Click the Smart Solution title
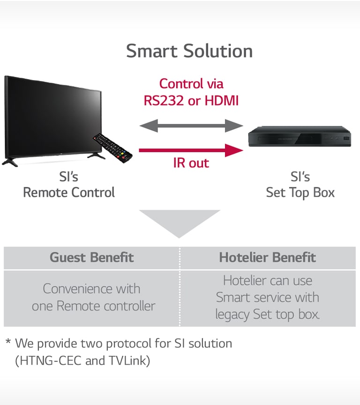click(189, 51)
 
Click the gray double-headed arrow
click(191, 125)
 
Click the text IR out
click(191, 163)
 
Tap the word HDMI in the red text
click(220, 100)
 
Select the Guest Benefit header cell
click(92, 258)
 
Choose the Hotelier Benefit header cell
click(268, 258)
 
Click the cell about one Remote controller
click(92, 297)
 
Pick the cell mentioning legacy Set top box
click(268, 297)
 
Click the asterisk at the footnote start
click(8, 343)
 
